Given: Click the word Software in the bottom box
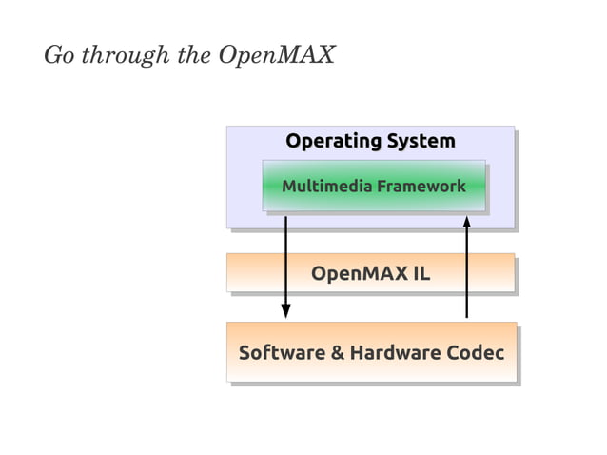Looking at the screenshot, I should point(281,353).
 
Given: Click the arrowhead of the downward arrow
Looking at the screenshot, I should point(285,311).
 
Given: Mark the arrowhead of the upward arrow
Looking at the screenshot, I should point(467,222).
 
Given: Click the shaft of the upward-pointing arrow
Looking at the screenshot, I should point(467,276).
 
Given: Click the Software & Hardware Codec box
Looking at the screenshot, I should point(371,371).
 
